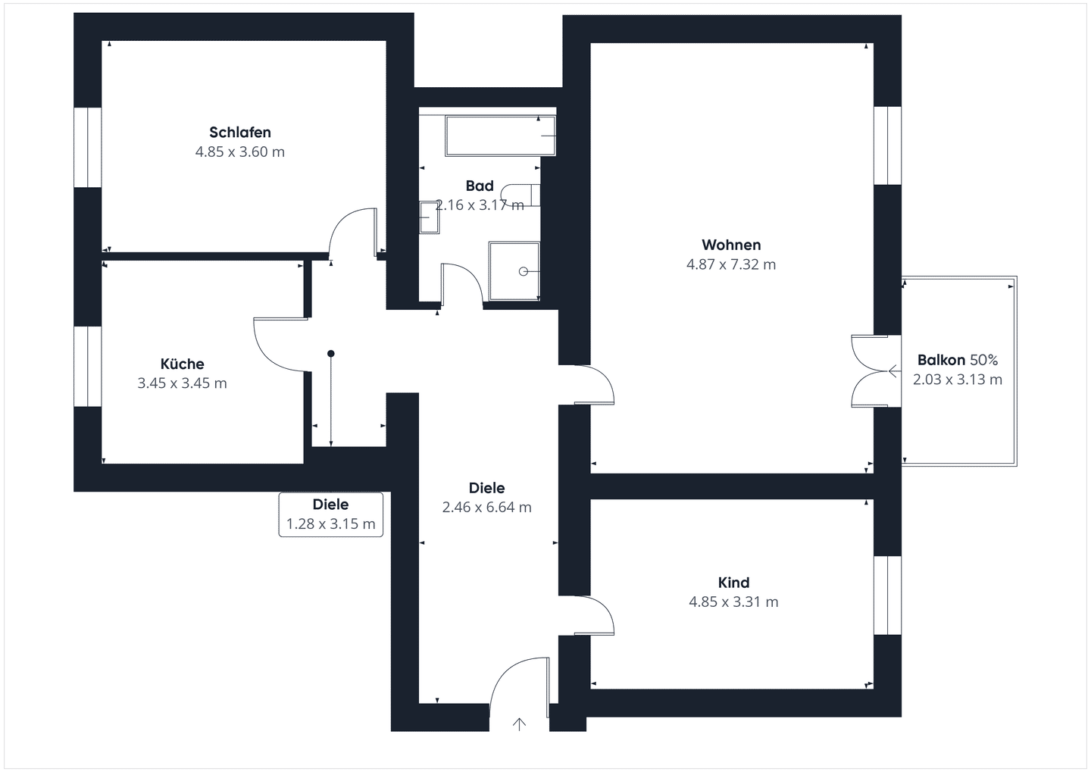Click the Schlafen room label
(x=239, y=132)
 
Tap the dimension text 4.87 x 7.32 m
(x=731, y=264)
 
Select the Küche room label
(x=182, y=364)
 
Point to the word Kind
(x=733, y=583)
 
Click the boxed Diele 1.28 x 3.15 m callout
(x=330, y=514)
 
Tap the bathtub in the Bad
(x=500, y=136)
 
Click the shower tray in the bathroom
(x=514, y=270)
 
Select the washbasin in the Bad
(x=429, y=217)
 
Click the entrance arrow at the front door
(x=519, y=724)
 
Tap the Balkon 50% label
(x=958, y=360)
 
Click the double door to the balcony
(x=876, y=371)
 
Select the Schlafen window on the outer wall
(x=88, y=147)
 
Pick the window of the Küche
(x=88, y=366)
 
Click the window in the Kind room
(x=887, y=595)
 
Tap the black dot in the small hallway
(x=330, y=353)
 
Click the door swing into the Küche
(x=280, y=345)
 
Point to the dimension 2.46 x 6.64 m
(x=486, y=508)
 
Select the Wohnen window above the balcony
(x=887, y=145)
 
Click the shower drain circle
(x=523, y=271)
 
